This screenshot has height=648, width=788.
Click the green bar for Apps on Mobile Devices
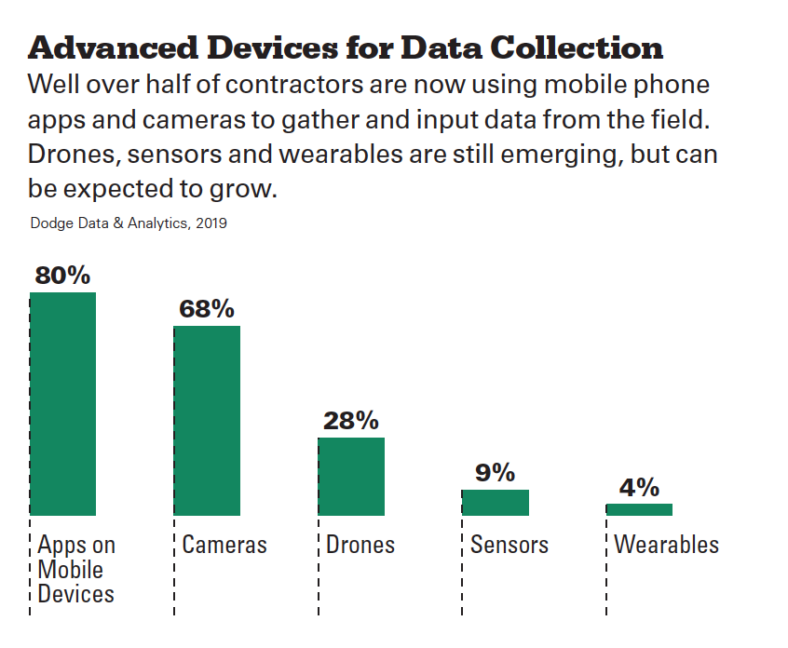(x=62, y=404)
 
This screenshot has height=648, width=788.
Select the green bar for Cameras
(x=207, y=421)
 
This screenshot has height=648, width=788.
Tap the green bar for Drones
(x=351, y=476)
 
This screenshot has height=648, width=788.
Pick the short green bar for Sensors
(x=495, y=503)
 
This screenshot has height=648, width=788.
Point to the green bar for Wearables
(x=639, y=509)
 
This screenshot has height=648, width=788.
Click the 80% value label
(x=62, y=276)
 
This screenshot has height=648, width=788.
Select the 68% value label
(x=207, y=309)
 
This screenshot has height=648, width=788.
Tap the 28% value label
(x=351, y=421)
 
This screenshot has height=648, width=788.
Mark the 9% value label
(x=495, y=473)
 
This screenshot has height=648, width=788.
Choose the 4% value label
(x=639, y=487)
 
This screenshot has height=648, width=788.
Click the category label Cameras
(x=224, y=545)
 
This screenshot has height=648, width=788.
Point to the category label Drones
(x=360, y=545)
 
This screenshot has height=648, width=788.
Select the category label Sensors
(x=509, y=545)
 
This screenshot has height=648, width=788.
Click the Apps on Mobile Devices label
(x=76, y=569)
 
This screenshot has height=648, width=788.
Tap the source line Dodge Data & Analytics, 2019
(x=129, y=223)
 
